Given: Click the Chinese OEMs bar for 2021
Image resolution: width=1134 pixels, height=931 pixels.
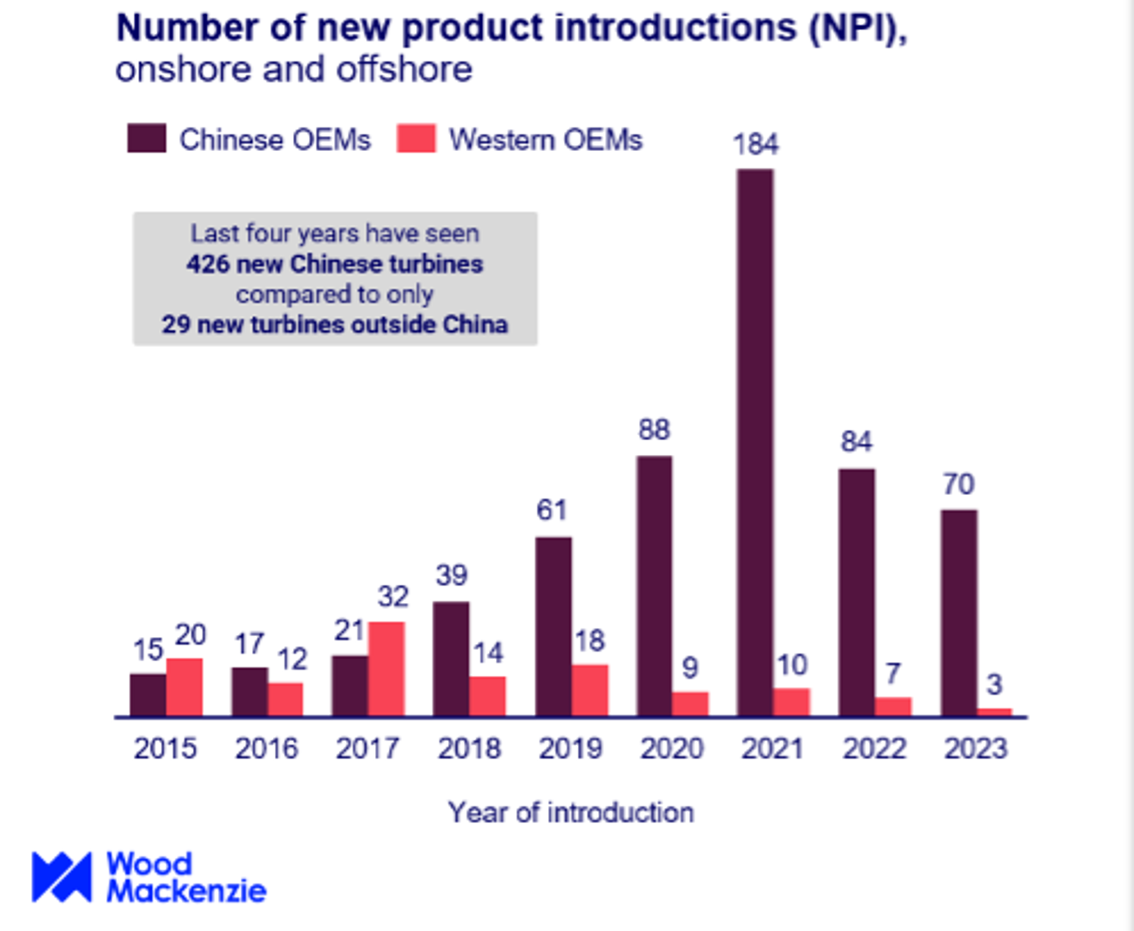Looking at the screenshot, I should click(x=755, y=441).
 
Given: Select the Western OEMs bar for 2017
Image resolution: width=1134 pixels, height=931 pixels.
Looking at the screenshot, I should click(x=386, y=669).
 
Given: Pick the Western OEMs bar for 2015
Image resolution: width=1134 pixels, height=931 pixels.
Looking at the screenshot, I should click(x=185, y=687).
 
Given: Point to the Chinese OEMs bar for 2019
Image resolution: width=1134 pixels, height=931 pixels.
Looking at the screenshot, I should click(x=554, y=626).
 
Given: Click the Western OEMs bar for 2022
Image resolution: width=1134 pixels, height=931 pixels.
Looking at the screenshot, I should click(x=893, y=706).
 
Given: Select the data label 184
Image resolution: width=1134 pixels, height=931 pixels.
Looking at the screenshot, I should click(x=755, y=144).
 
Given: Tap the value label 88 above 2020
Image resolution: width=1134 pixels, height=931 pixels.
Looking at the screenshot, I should click(x=654, y=430).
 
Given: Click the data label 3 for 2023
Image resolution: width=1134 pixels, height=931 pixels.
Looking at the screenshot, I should click(x=994, y=685).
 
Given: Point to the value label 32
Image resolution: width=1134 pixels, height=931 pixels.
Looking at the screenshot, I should click(x=393, y=596).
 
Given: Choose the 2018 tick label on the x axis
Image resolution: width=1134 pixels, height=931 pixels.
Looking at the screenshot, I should click(x=469, y=749).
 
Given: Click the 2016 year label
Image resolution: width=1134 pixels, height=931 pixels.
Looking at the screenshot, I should click(x=266, y=749).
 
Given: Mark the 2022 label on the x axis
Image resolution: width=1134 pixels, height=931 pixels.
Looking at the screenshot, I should click(x=874, y=749).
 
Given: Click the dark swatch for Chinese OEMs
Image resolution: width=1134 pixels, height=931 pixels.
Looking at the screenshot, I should click(x=147, y=139).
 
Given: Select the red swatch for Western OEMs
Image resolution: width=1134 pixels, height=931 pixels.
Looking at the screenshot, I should click(x=416, y=139).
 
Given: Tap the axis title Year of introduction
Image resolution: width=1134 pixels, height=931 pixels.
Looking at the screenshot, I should click(x=571, y=813).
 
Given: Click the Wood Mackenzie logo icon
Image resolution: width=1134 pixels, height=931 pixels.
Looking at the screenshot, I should click(x=62, y=877).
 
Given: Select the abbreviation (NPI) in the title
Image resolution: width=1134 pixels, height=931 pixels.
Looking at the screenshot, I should click(x=858, y=28).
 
